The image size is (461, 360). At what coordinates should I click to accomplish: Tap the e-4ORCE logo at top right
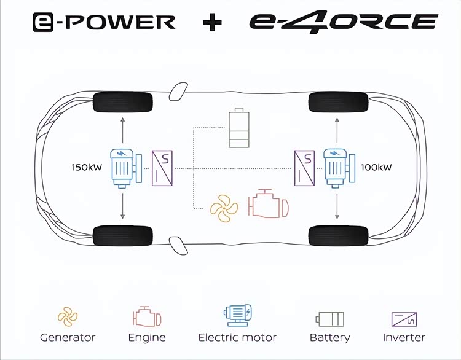pos(343,22)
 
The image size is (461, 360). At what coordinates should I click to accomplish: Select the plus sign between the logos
pos(212,22)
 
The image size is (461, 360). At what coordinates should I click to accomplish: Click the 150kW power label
pos(86,167)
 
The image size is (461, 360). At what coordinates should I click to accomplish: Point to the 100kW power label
pos(376,167)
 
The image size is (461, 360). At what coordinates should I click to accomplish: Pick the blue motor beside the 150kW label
pos(123,168)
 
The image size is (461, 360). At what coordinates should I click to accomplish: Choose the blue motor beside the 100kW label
pos(337,168)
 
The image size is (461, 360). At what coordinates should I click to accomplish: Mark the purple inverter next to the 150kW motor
pos(163,168)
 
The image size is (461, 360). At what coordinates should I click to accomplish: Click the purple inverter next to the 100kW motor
pos(304,168)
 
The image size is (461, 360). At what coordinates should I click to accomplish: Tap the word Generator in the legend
pos(68,337)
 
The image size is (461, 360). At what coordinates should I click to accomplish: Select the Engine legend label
pos(147,337)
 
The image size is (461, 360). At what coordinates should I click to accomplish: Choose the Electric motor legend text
pos(237,337)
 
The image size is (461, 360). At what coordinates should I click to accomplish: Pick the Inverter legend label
pos(404,337)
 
